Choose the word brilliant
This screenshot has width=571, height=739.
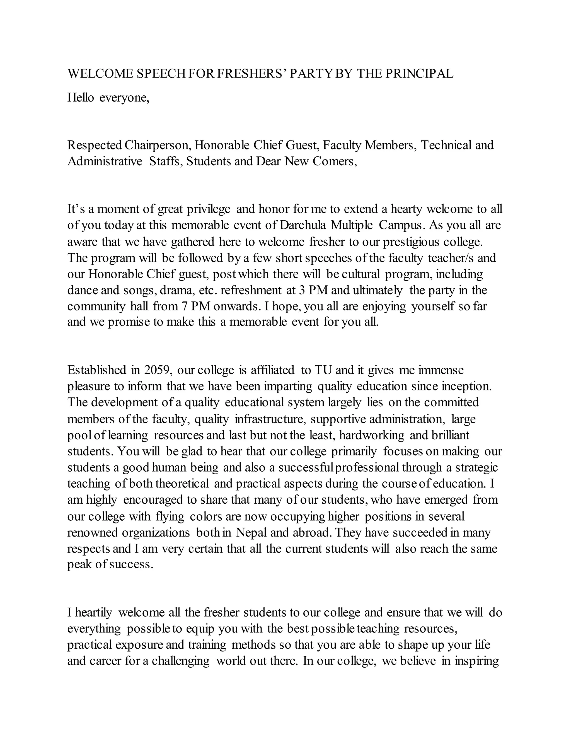tap(451, 435)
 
